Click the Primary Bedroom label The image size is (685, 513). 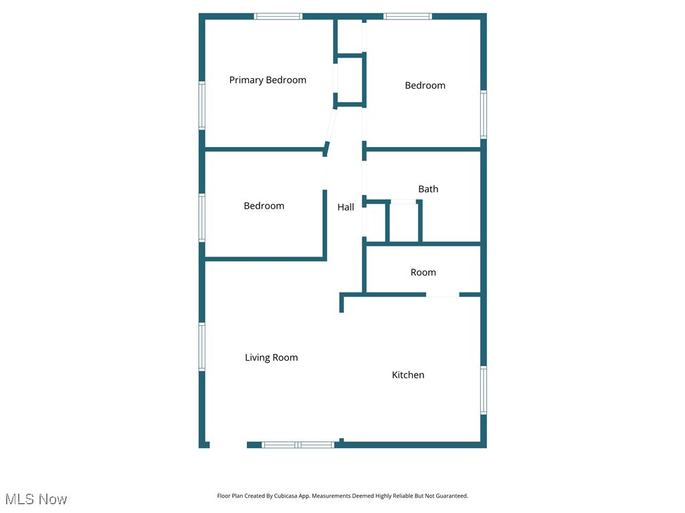268,80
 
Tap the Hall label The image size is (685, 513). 346,207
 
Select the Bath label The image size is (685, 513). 428,189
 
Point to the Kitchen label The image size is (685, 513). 408,375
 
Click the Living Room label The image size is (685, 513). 271,357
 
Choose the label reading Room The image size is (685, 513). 423,273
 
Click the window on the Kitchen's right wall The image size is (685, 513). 483,390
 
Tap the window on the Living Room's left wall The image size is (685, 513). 201,347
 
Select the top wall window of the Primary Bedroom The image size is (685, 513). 278,16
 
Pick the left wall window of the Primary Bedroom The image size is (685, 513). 201,105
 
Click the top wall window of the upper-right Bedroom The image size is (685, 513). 407,16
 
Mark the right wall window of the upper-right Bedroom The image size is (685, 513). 483,114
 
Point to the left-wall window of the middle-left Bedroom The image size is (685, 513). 201,217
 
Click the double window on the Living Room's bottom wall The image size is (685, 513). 298,444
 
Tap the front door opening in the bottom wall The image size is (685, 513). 228,444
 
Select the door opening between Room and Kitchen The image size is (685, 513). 442,295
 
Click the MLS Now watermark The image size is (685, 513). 36,499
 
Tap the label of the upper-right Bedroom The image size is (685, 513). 425,85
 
